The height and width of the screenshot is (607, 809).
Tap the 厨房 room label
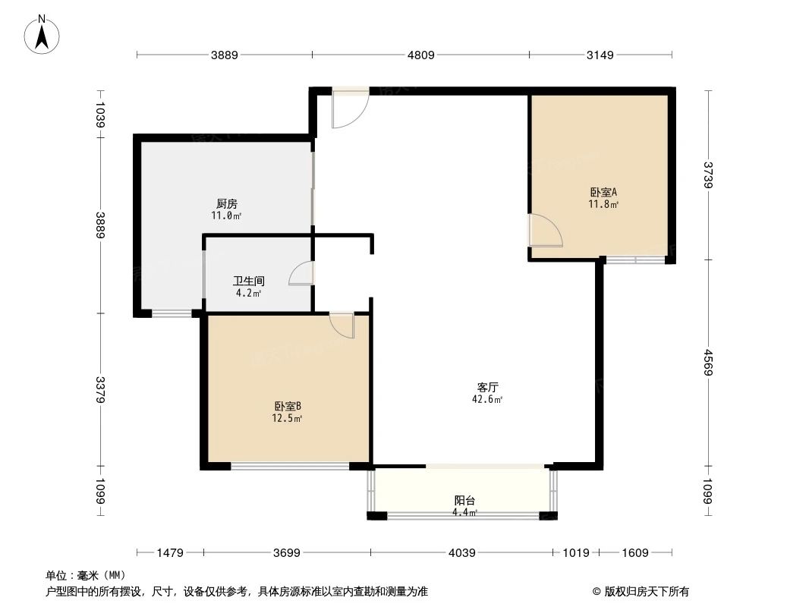[x=227, y=203]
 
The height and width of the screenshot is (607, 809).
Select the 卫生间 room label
[x=248, y=281]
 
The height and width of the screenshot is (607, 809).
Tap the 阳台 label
[x=464, y=501]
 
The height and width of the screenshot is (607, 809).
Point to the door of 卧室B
[x=343, y=325]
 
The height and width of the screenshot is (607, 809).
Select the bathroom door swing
[x=302, y=273]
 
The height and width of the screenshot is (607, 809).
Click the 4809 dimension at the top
[x=421, y=55]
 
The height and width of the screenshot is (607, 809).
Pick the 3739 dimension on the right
[x=708, y=175]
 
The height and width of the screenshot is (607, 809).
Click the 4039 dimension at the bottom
[x=461, y=553]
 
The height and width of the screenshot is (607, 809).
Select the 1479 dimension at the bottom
[x=170, y=553]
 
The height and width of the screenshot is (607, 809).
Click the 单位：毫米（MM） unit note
[x=85, y=575]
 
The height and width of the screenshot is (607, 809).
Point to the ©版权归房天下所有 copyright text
[x=636, y=591]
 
